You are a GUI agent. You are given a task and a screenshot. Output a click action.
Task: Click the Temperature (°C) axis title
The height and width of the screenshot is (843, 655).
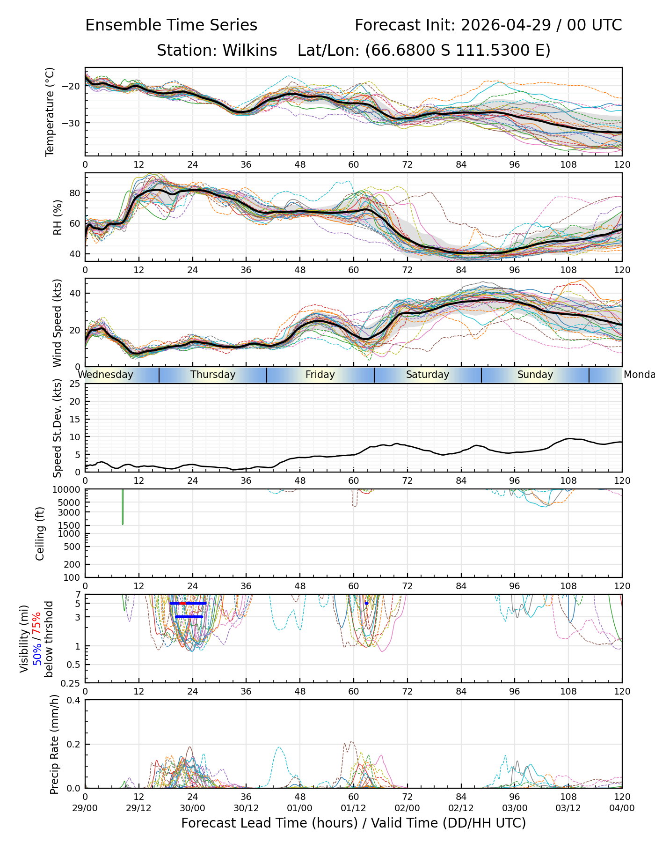[x=50, y=111]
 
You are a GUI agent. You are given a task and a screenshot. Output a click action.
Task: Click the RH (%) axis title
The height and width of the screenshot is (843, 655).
[x=58, y=217]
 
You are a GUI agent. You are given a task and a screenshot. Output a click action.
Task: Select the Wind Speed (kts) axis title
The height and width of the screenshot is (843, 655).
[x=57, y=323]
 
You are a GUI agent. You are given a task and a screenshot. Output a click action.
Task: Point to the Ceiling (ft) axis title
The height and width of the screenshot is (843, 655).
[x=40, y=533]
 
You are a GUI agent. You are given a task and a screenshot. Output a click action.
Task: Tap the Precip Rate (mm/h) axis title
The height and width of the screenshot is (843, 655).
[x=54, y=744]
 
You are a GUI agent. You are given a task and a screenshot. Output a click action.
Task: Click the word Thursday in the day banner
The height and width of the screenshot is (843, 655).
[x=213, y=375]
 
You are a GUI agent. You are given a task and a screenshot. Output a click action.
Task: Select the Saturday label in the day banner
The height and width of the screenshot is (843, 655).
[x=428, y=375]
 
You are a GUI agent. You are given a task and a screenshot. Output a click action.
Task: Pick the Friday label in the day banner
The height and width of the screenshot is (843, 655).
[x=320, y=375]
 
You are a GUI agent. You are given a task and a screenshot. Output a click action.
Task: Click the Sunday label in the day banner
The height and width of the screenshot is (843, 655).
[x=535, y=375]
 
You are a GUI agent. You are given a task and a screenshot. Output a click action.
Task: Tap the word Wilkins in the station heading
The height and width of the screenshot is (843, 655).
[x=249, y=51]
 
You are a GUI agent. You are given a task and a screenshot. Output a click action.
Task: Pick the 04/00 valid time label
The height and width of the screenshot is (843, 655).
[x=622, y=808]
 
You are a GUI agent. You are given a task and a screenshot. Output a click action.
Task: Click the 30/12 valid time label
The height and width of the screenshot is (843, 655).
[x=246, y=808]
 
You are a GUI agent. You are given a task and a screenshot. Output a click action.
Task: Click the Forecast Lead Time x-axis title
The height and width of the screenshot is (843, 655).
[x=354, y=823]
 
